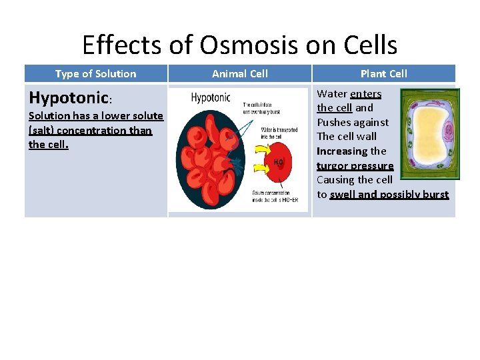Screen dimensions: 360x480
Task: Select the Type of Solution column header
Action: point(95,74)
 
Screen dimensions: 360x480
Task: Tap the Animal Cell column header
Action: point(239,74)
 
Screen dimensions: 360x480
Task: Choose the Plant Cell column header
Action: point(383,74)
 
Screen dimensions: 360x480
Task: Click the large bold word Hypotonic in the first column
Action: point(69,99)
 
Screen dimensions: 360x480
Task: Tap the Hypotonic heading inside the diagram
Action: point(210,98)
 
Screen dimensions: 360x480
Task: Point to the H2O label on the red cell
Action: point(278,161)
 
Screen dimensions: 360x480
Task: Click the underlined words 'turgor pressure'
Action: point(355,165)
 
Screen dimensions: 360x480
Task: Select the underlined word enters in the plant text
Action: point(365,93)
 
